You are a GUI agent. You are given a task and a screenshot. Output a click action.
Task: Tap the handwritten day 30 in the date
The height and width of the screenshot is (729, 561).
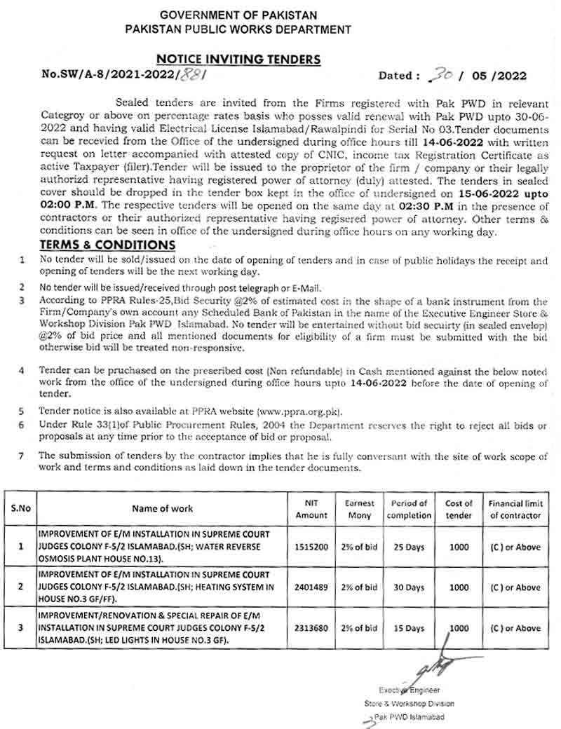point(443,75)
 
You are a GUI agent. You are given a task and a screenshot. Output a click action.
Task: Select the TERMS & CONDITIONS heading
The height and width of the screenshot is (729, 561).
point(107,245)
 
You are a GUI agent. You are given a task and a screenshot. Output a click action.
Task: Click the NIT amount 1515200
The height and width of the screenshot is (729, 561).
point(311,546)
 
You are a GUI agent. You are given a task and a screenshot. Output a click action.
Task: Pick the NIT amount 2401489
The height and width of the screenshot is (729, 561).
point(311,587)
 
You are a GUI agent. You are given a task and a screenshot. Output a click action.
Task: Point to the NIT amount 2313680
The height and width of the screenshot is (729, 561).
point(311,628)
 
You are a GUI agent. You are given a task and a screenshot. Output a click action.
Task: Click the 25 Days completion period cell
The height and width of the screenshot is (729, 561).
point(409,546)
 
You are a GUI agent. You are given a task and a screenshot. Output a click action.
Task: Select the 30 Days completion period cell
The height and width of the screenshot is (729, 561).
point(409,587)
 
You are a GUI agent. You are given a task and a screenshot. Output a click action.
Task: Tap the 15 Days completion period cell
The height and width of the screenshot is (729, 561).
point(409,628)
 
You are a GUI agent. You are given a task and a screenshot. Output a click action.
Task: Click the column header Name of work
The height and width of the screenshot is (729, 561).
point(162,509)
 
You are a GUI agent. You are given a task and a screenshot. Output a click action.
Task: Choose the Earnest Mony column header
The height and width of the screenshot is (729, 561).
point(360,509)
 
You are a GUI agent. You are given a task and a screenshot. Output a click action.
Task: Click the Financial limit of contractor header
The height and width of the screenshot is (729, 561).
point(515,509)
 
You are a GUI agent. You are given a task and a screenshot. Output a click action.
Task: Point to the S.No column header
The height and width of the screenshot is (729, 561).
point(20,509)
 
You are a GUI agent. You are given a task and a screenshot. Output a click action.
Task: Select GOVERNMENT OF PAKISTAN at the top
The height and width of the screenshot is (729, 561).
point(238,15)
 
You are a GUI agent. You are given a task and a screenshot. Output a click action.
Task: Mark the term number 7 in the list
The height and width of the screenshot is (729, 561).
point(22,455)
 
